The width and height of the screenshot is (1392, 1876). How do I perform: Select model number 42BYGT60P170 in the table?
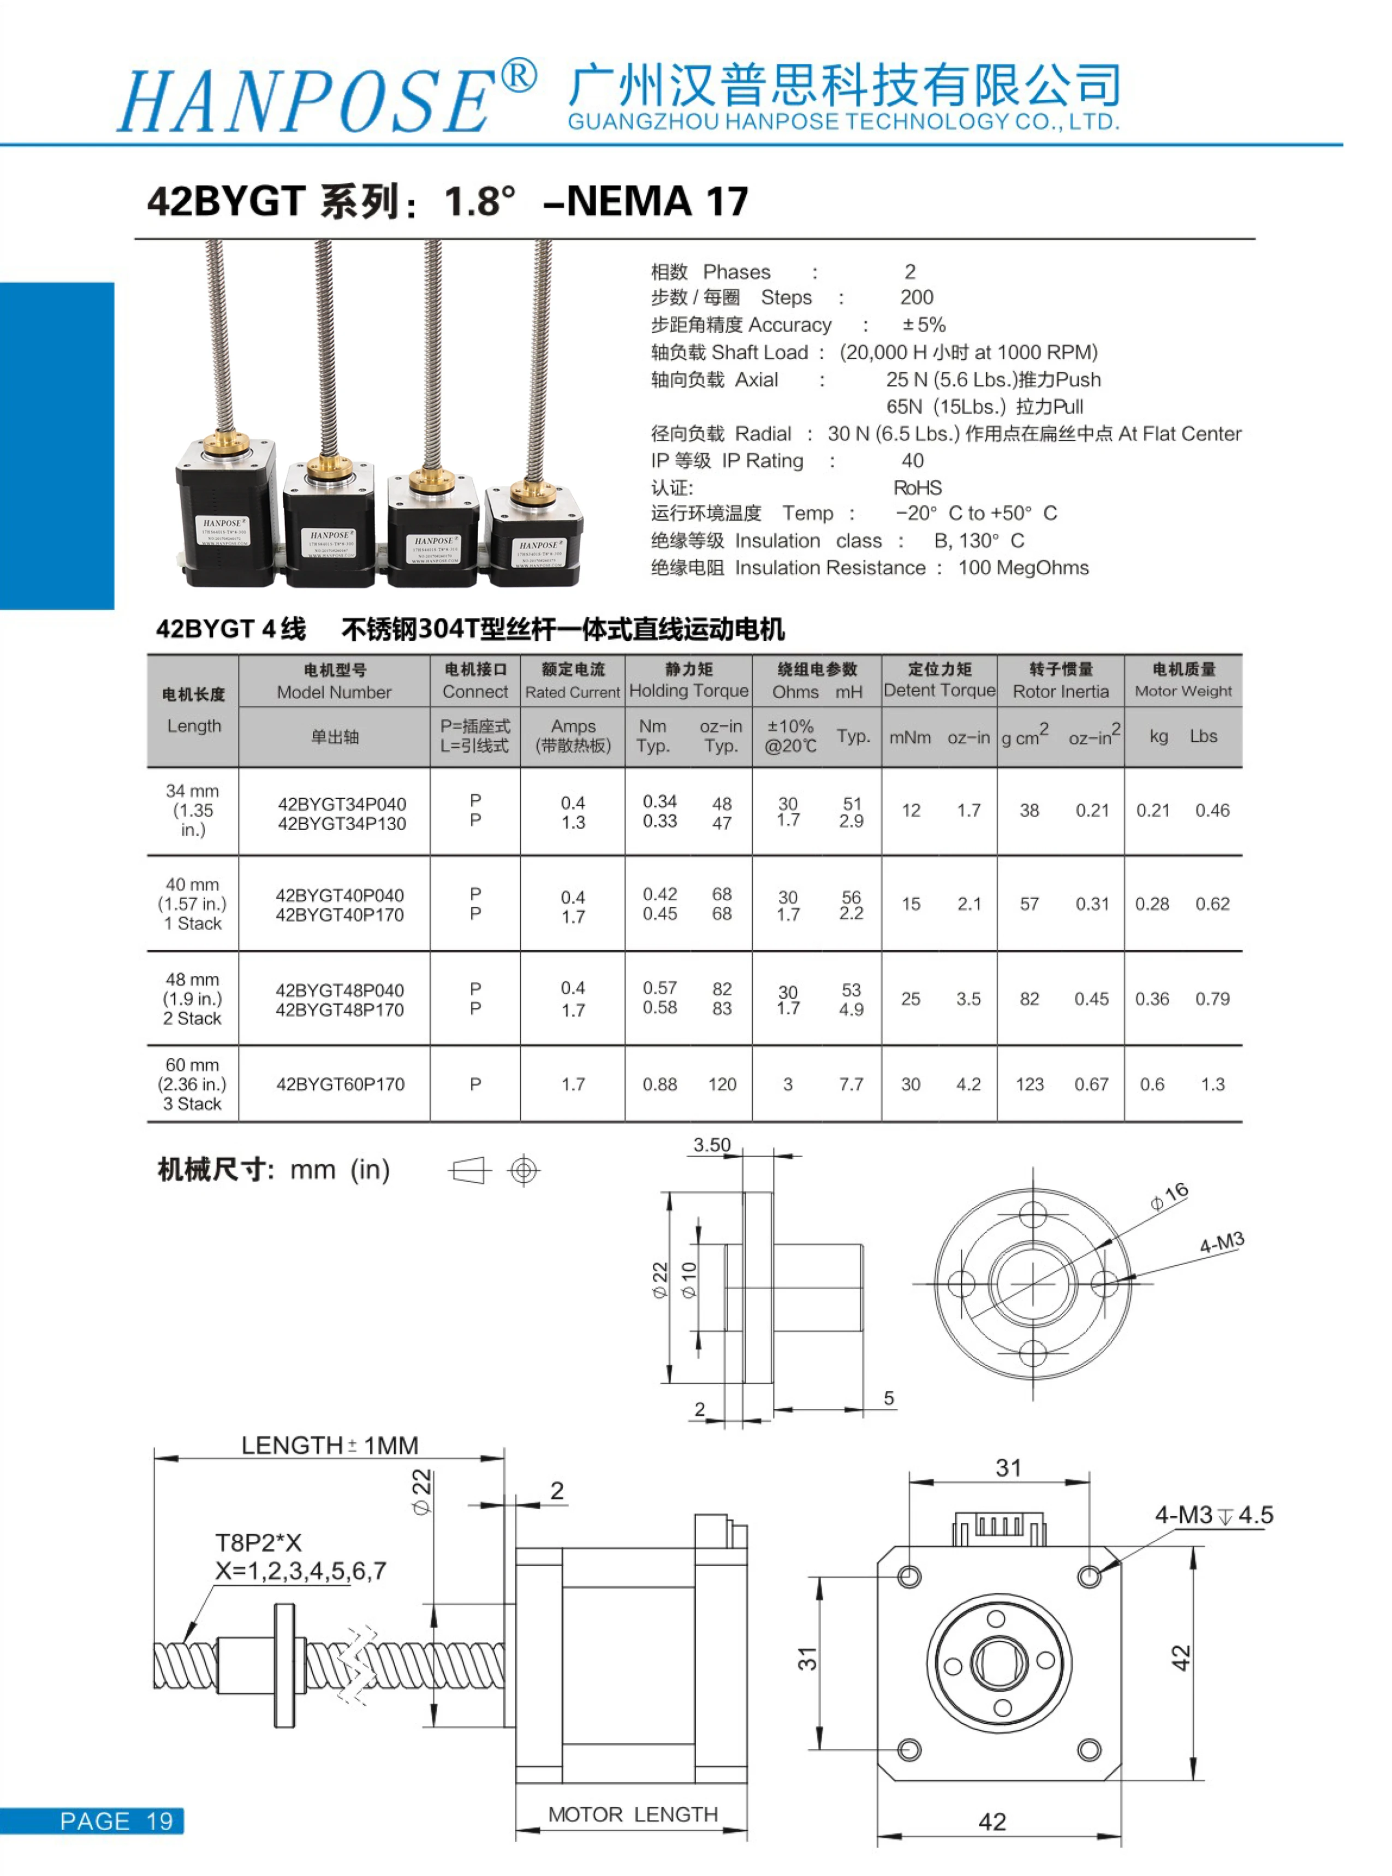pyautogui.click(x=341, y=1084)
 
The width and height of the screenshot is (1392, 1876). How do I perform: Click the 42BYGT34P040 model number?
pyautogui.click(x=341, y=803)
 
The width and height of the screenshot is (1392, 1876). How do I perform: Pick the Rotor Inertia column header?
pyautogui.click(x=1060, y=692)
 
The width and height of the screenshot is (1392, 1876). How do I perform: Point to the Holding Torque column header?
pyautogui.click(x=688, y=691)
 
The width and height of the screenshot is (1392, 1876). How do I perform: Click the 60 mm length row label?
pyautogui.click(x=192, y=1065)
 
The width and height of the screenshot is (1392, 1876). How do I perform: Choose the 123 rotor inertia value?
pyautogui.click(x=1030, y=1084)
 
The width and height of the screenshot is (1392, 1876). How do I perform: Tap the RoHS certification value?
pyautogui.click(x=918, y=488)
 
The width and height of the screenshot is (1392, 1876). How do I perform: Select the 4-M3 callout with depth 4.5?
pyautogui.click(x=1213, y=1515)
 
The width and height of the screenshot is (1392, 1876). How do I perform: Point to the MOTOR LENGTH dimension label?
pyautogui.click(x=633, y=1814)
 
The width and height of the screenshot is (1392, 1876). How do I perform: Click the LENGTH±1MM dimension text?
pyautogui.click(x=330, y=1445)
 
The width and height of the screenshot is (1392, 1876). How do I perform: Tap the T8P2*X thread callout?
pyautogui.click(x=258, y=1543)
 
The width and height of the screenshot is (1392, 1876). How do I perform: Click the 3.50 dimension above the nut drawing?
pyautogui.click(x=712, y=1145)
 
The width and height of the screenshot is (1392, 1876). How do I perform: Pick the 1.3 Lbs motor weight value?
pyautogui.click(x=1212, y=1084)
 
